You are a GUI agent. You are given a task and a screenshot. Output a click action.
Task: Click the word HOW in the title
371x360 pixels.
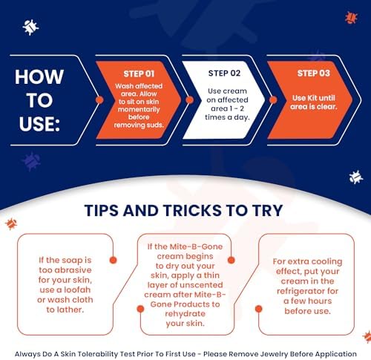tap(39, 77)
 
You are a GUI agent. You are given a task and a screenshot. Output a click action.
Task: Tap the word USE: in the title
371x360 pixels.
tap(39, 124)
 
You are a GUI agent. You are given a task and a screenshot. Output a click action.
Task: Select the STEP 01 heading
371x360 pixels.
tap(139, 73)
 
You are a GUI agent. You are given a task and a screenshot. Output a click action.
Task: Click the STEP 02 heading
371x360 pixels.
tap(224, 73)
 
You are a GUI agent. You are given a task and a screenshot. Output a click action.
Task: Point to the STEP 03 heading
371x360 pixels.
tap(314, 73)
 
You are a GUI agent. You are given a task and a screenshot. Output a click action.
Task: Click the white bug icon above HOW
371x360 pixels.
tap(30, 27)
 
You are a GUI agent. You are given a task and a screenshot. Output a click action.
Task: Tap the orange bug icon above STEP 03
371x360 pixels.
tap(351, 18)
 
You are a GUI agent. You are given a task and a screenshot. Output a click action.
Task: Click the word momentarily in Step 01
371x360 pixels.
tap(139, 109)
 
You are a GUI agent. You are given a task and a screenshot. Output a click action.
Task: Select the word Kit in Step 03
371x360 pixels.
tap(312, 98)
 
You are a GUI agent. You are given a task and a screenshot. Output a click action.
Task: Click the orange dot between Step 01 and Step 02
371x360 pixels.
tap(189, 99)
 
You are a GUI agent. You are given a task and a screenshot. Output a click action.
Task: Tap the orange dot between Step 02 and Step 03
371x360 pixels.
tap(273, 99)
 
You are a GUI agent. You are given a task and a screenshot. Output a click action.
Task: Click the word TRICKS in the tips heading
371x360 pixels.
tap(192, 211)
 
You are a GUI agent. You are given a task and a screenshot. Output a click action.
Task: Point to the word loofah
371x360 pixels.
tap(77, 289)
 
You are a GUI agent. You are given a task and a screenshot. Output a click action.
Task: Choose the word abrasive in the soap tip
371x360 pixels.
tap(73, 270)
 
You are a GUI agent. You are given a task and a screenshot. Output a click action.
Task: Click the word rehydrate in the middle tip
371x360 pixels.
tap(185, 314)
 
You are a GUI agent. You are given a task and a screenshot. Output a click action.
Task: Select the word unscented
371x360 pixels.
tap(200, 285)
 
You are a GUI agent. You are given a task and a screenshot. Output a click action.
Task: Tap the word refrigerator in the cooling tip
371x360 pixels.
tap(307, 291)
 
